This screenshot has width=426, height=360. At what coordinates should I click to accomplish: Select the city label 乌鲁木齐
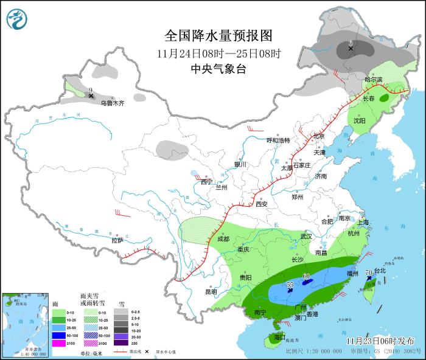[x=113, y=103]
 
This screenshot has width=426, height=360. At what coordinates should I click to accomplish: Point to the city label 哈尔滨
[x=373, y=80]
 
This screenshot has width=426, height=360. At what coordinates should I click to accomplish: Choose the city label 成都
[x=223, y=239]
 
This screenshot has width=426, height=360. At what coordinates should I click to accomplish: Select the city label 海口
[x=279, y=336]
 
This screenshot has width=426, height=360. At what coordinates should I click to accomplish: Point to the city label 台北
[x=379, y=271]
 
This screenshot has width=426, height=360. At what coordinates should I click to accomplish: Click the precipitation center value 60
[x=307, y=276]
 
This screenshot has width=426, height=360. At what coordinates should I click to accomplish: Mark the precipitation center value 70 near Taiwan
[x=369, y=272]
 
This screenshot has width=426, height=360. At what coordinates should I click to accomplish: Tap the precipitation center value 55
[x=290, y=284]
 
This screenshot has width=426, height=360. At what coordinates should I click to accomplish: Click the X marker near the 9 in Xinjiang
[x=91, y=95]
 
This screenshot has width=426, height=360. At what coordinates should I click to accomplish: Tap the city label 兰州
[x=221, y=188]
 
